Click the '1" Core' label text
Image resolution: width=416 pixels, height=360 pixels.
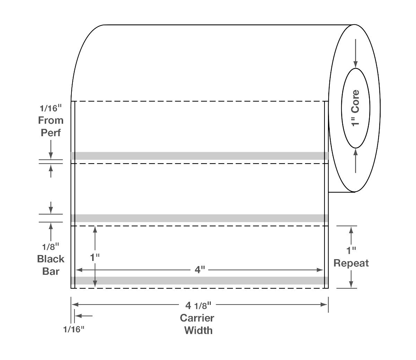[356, 108]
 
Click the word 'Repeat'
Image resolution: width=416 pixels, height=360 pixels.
[351, 263]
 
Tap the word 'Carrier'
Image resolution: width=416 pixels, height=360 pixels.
[197, 318]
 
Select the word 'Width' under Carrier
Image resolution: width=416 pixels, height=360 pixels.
[198, 330]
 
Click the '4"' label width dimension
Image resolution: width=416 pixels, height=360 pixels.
[200, 270]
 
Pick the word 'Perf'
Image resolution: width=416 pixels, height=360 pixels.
[51, 133]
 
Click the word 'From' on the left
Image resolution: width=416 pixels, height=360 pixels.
[51, 121]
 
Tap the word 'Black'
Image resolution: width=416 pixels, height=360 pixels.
[51, 259]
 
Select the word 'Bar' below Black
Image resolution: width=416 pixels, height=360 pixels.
[51, 271]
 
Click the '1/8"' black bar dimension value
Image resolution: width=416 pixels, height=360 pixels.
[51, 247]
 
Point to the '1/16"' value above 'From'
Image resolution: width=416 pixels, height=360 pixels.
[51, 108]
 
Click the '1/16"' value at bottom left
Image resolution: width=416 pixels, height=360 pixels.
[73, 329]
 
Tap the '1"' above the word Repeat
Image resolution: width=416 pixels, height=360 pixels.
[351, 250]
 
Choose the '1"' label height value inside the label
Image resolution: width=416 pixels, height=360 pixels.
[95, 257]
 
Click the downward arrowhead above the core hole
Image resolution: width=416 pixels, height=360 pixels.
[355, 64]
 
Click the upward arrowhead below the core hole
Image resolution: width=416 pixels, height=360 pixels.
[355, 152]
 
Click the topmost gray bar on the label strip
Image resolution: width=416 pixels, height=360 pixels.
[199, 156]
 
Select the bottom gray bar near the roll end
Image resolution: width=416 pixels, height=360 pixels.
[199, 281]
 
